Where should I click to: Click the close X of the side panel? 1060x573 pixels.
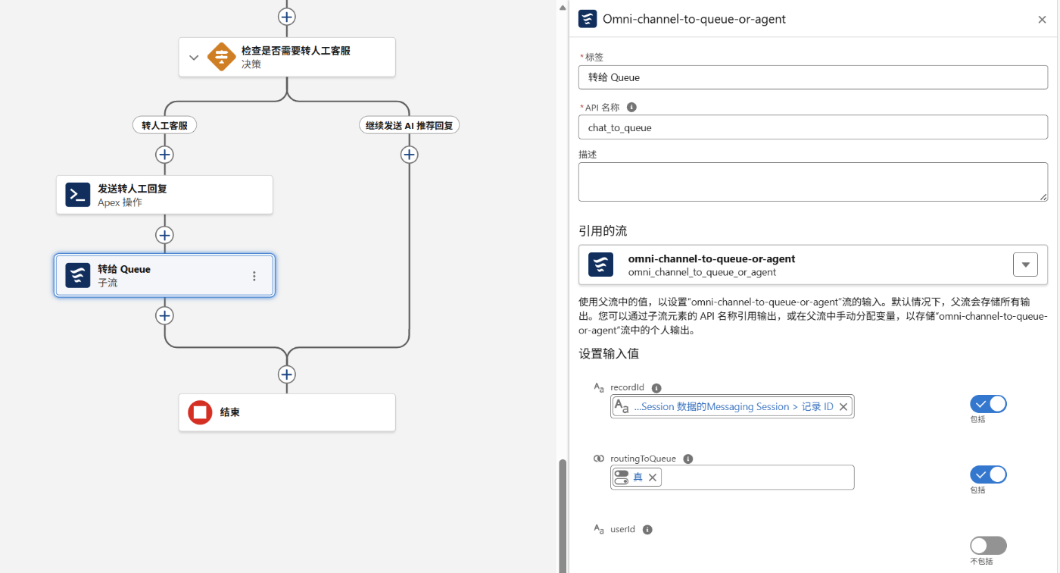1042,20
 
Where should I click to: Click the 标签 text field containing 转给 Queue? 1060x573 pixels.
812,77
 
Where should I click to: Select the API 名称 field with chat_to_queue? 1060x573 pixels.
812,127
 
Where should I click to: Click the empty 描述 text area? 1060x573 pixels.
812,182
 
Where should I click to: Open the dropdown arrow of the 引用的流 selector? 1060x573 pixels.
1025,265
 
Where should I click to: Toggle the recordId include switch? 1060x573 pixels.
988,404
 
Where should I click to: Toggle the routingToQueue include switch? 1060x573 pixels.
988,474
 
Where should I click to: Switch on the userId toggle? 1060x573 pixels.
988,546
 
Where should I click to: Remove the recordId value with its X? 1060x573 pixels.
843,407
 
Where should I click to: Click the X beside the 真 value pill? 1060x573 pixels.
653,477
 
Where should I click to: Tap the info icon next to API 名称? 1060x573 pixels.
631,107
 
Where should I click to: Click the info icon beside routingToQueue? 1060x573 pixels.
688,459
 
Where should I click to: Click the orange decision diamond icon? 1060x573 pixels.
221,57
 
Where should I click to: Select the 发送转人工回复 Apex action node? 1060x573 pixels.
164,195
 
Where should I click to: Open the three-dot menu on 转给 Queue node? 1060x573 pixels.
254,276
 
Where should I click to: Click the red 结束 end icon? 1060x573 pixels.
200,412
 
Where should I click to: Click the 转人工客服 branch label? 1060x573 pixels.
164,126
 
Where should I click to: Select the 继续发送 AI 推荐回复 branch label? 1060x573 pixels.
409,126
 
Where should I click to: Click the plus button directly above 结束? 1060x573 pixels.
287,374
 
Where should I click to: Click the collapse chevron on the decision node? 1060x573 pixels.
194,58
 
